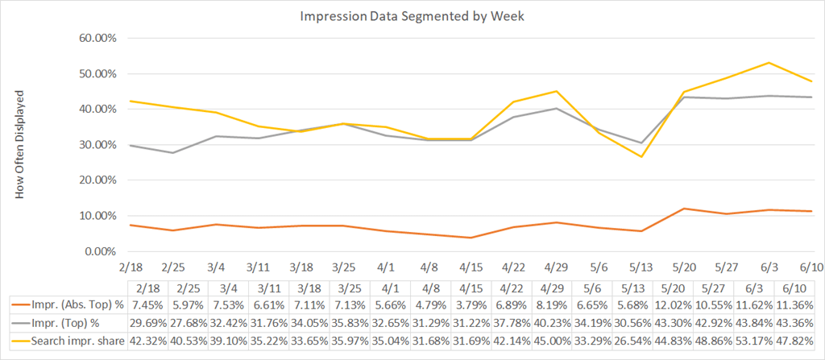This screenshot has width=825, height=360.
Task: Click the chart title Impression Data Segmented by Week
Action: pyautogui.click(x=412, y=15)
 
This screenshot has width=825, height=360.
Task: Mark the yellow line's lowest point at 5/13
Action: pyautogui.click(x=642, y=157)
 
